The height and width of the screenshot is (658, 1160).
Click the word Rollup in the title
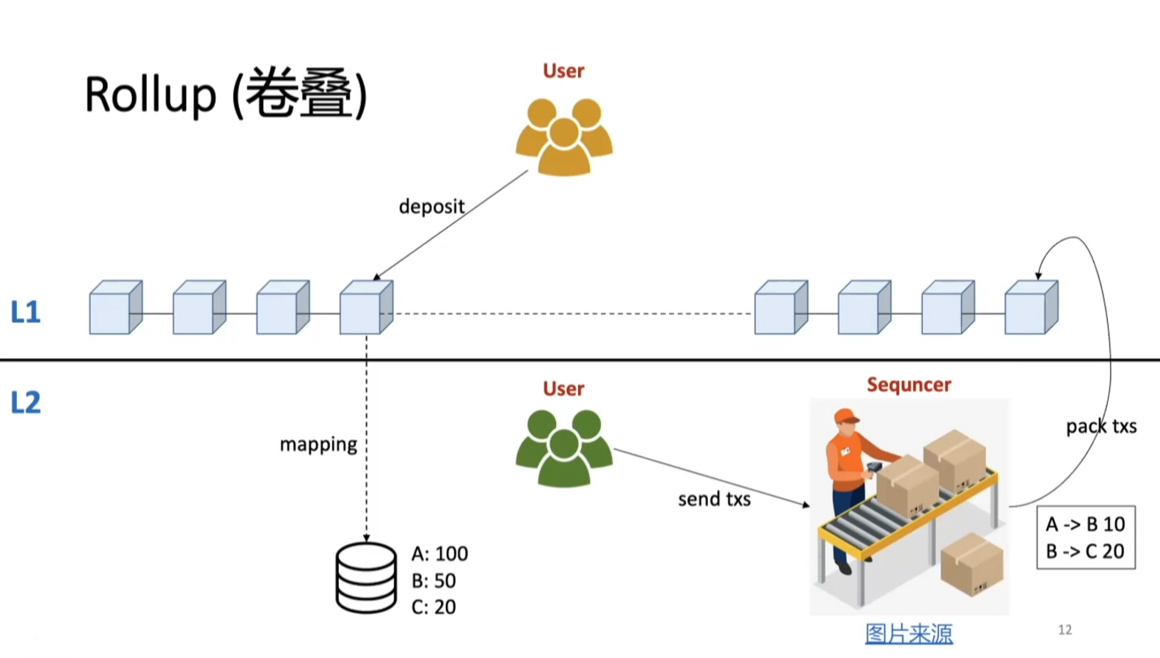point(150,95)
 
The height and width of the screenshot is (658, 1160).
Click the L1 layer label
point(26,312)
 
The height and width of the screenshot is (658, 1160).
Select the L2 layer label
point(26,403)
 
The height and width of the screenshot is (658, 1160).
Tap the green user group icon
point(563,448)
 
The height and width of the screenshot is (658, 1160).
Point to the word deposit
point(431,207)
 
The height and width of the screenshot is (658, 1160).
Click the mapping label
point(318,445)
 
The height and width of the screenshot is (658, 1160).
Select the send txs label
point(714,500)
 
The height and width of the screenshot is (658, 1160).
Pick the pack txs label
point(1101,426)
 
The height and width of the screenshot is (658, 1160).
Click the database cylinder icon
point(366,578)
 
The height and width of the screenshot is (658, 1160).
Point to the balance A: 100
point(439,554)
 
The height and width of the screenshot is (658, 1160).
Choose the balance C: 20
point(434,607)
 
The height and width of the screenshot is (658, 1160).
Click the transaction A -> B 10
point(1085,524)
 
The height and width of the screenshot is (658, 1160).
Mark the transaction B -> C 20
point(1085,552)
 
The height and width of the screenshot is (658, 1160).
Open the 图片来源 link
point(908,633)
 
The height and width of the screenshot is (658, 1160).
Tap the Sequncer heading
point(908,385)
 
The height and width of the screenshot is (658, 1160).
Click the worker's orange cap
point(846,416)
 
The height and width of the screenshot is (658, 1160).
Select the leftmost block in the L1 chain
point(115,307)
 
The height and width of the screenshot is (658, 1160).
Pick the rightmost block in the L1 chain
point(1031,307)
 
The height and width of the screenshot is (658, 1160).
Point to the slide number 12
point(1065,630)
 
